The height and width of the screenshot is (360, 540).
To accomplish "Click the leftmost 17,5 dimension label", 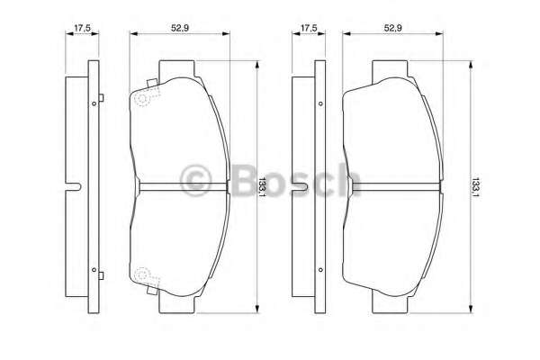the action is [82, 28].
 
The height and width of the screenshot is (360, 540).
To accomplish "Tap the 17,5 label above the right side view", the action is [309, 28].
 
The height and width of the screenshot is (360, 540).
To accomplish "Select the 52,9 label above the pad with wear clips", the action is [180, 28].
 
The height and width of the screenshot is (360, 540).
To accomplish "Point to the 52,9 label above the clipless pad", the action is [392, 28].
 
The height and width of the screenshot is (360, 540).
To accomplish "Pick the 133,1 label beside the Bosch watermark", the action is [263, 187].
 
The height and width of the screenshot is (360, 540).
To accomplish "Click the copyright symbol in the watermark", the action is [195, 179].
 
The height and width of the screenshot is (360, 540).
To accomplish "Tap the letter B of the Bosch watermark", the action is [246, 179].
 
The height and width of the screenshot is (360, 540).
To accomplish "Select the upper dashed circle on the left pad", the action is [142, 99].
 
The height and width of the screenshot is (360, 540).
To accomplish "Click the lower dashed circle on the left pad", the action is [142, 274].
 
